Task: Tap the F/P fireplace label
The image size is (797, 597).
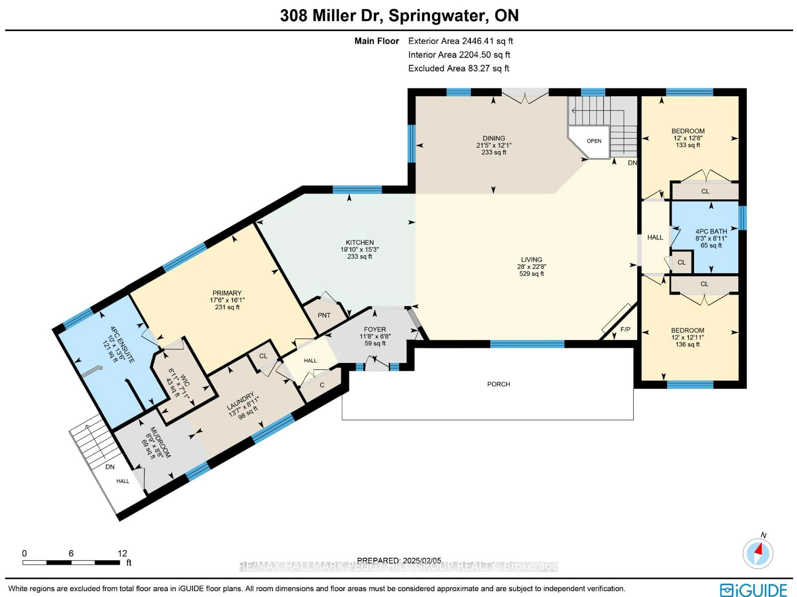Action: coord(626,329)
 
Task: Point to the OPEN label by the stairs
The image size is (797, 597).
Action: coord(594,141)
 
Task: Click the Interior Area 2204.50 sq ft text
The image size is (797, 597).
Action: coord(459,55)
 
